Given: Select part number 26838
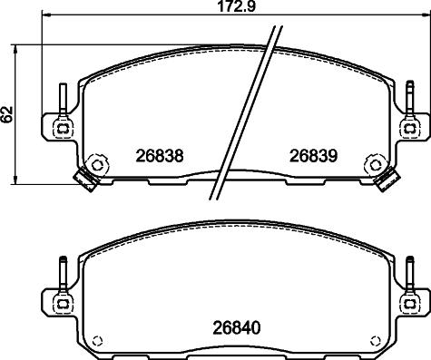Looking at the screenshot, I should click(x=162, y=155).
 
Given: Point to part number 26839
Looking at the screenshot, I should click(x=313, y=155).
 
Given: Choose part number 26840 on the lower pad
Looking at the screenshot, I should click(x=239, y=325).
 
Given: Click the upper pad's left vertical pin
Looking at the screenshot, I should click(x=63, y=98).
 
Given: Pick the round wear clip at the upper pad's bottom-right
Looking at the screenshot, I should click(x=372, y=165).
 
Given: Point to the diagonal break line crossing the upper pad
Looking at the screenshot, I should click(x=245, y=113).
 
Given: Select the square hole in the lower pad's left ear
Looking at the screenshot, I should click(x=63, y=300).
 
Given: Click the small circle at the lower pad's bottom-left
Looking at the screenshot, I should click(x=99, y=341).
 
